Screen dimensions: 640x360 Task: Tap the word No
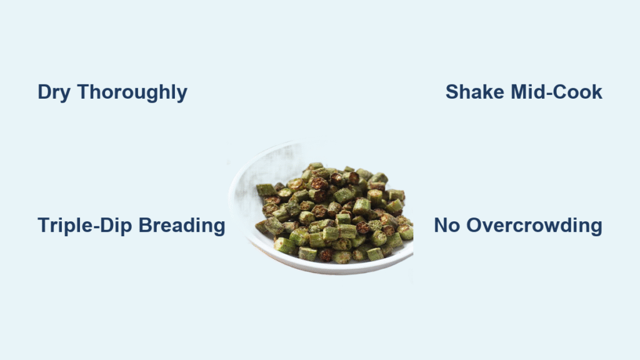click(447, 225)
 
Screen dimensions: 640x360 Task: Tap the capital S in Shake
click(452, 92)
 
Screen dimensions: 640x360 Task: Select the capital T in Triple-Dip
click(44, 225)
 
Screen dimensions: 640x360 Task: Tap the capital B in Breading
click(146, 225)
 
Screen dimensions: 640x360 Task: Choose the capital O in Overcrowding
click(474, 225)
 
